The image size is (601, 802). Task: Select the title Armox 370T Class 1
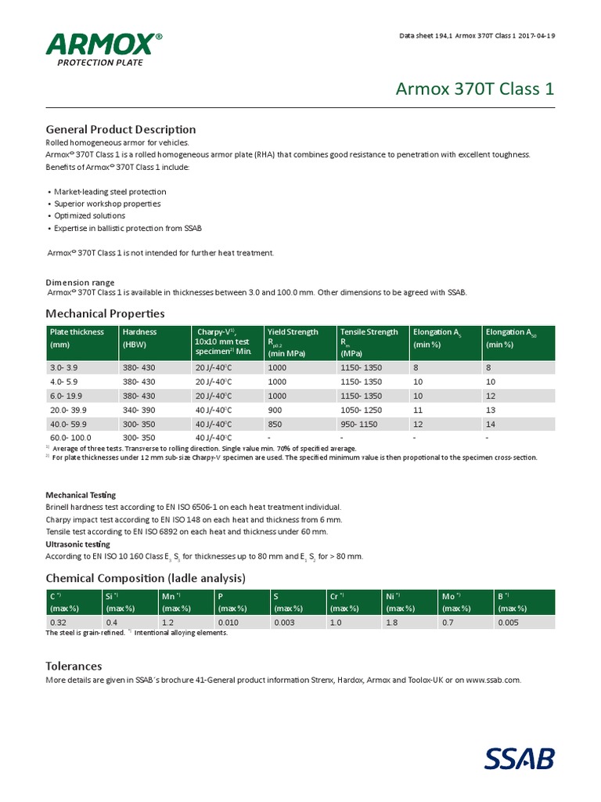(473, 89)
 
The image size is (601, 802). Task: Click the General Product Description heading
(121, 129)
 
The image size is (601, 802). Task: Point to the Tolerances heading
(74, 666)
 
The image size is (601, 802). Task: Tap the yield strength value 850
(275, 424)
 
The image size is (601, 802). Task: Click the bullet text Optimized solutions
(89, 215)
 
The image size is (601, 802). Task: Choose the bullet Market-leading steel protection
(110, 192)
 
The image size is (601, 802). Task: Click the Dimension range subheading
(80, 283)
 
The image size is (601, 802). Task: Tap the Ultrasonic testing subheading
(77, 544)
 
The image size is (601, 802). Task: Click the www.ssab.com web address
(493, 681)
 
